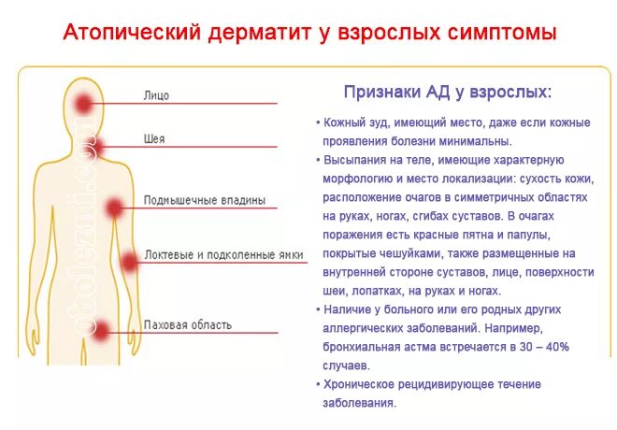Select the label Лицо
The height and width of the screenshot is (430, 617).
tap(156, 95)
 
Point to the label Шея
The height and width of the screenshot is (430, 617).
tap(154, 139)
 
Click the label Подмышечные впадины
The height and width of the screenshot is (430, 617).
tap(204, 200)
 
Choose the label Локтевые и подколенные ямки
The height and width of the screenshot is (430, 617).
tap(223, 254)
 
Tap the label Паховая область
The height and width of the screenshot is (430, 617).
tap(188, 325)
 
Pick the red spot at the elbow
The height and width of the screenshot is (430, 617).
tap(129, 263)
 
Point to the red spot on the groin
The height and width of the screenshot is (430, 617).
tap(102, 328)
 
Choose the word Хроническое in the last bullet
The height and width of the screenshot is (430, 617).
tap(362, 384)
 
